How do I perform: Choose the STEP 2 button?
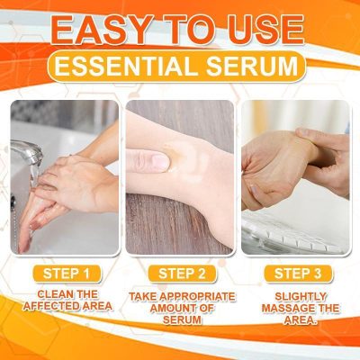pos(183,273)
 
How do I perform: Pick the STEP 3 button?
pos(293,273)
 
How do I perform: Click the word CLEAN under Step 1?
pos(49,294)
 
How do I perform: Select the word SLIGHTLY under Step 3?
pos(293,295)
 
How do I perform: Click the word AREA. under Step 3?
pos(294,320)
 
